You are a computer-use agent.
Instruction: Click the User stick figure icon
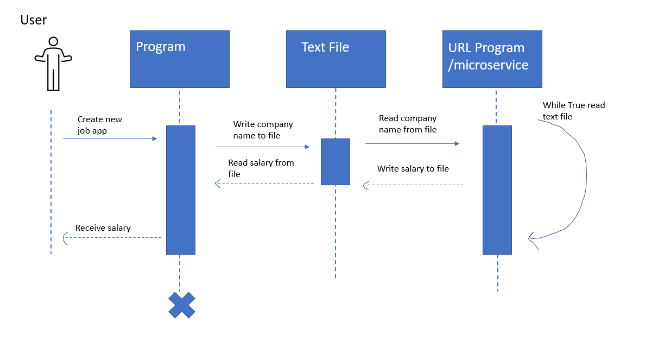(x=53, y=64)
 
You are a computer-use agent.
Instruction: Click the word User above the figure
(x=34, y=20)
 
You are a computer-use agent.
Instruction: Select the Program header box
(x=179, y=59)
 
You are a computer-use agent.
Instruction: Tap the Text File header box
(x=336, y=59)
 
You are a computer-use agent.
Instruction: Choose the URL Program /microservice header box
(x=492, y=59)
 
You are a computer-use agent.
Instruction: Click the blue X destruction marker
(x=181, y=305)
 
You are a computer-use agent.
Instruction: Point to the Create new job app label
(x=99, y=124)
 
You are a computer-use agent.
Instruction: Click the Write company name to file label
(x=263, y=130)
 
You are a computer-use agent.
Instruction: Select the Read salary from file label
(x=261, y=168)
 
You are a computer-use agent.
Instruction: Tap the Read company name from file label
(x=407, y=124)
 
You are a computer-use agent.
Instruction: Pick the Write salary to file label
(x=413, y=169)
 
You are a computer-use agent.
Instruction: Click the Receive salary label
(x=103, y=228)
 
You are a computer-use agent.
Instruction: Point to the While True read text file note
(x=573, y=111)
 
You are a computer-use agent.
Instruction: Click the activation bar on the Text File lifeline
(x=335, y=162)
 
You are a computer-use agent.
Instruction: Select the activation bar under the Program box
(x=180, y=190)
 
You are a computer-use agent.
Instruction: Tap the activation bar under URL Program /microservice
(x=497, y=190)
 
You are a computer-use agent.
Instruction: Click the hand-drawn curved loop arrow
(x=585, y=179)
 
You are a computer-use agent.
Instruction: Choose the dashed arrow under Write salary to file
(x=413, y=185)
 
